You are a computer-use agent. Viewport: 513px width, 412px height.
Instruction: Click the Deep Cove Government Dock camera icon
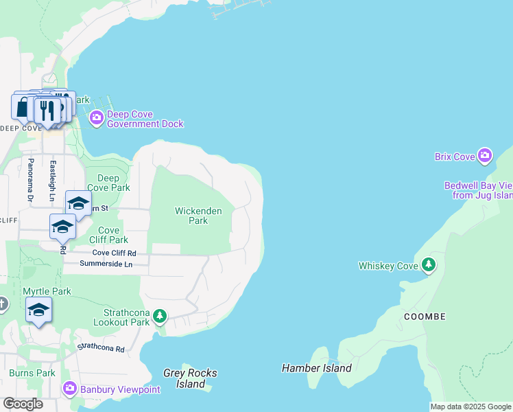(x=96, y=119)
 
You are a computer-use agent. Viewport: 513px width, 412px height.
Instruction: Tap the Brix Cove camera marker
(x=485, y=157)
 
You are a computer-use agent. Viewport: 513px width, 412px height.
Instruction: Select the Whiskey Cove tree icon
(x=429, y=265)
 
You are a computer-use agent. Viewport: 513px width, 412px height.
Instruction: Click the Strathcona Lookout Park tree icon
(x=160, y=316)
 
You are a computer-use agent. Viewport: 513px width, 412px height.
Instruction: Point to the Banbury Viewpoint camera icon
(x=69, y=389)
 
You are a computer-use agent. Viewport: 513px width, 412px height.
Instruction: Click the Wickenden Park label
(x=198, y=216)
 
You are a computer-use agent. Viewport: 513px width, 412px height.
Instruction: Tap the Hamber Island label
(x=317, y=368)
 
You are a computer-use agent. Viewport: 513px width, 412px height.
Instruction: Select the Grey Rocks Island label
(x=190, y=378)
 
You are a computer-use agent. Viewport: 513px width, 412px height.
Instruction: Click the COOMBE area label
(x=425, y=317)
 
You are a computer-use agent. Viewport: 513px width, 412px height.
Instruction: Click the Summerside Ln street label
(x=106, y=264)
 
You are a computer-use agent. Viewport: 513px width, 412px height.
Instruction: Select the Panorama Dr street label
(x=31, y=180)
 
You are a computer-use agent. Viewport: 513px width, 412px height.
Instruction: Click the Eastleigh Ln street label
(x=53, y=180)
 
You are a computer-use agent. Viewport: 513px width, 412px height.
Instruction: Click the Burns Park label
(x=32, y=374)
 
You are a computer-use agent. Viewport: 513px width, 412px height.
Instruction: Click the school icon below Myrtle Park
(x=38, y=310)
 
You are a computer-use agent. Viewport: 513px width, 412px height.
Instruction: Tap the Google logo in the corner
(x=23, y=404)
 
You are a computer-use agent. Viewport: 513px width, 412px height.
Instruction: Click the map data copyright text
(x=470, y=407)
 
